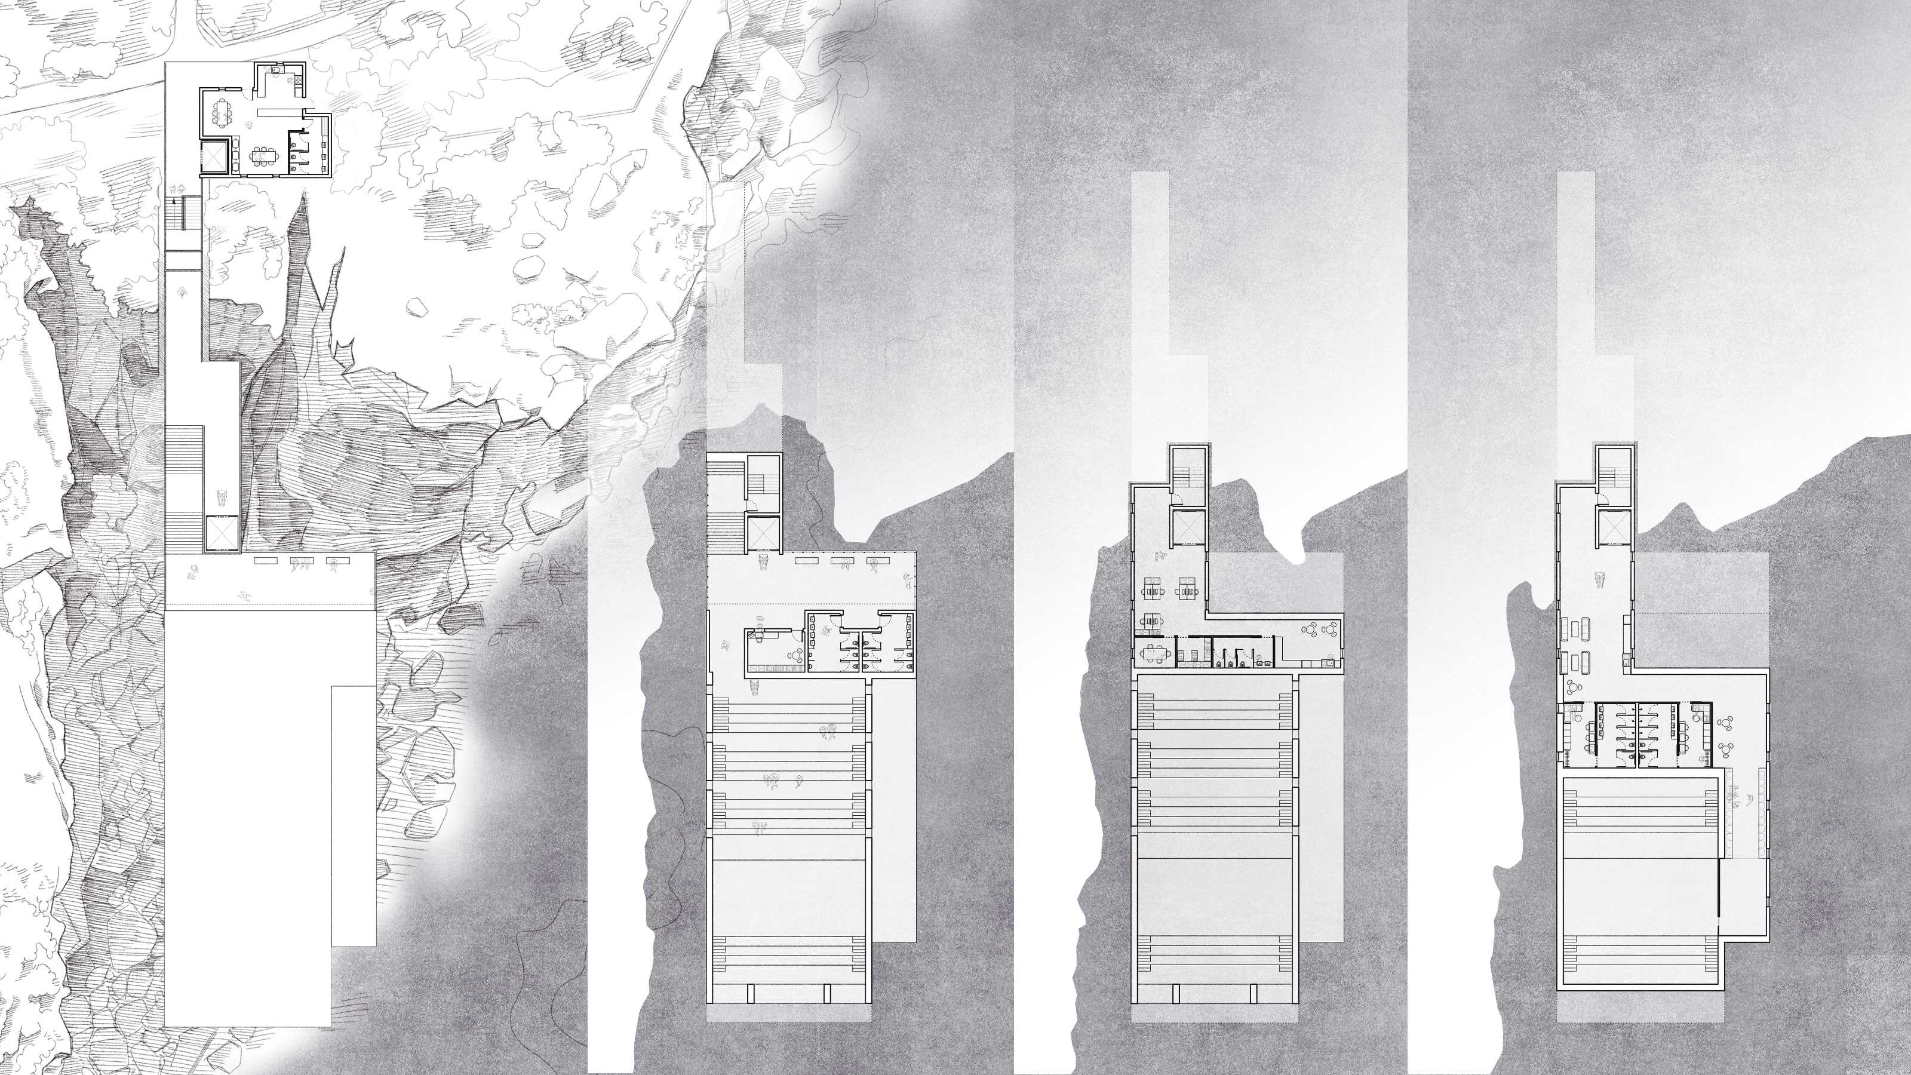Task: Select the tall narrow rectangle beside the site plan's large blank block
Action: pos(353,816)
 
